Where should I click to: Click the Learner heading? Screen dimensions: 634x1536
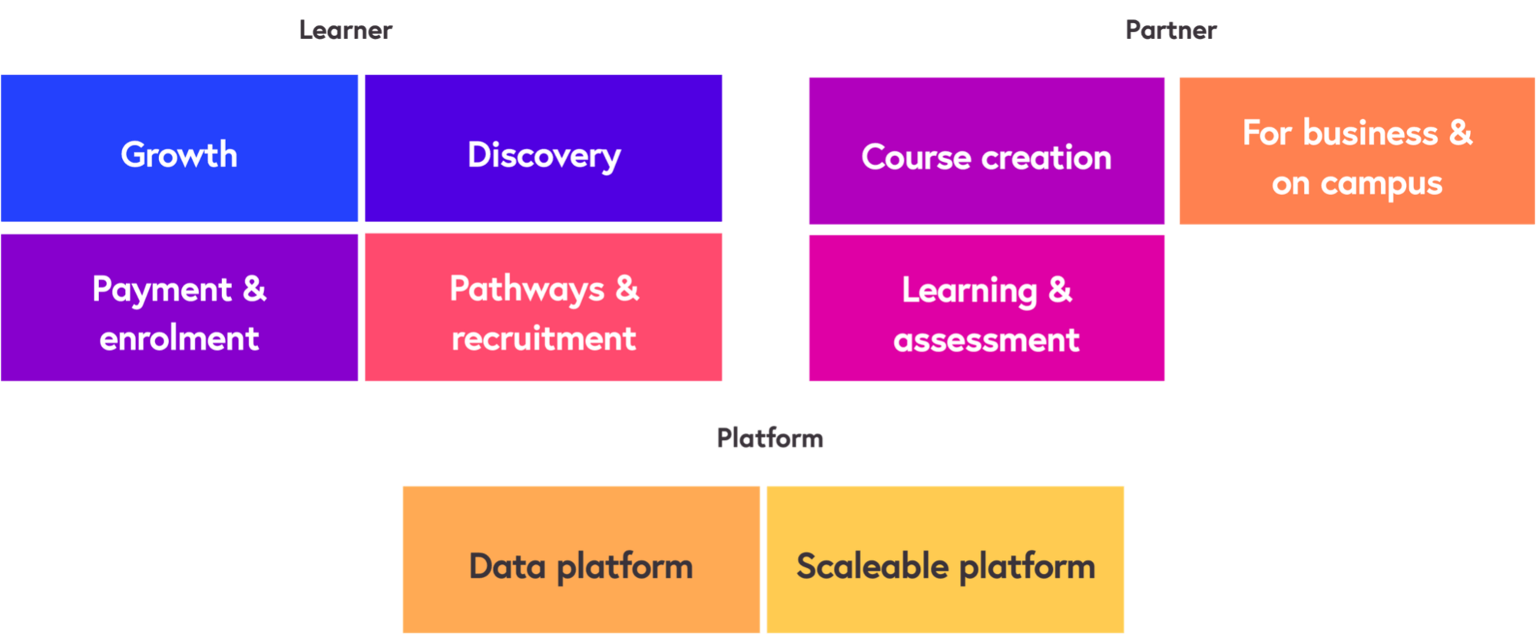tap(346, 30)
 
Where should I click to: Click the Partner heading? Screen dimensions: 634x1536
tap(1171, 30)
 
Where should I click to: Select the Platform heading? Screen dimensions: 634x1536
tap(770, 438)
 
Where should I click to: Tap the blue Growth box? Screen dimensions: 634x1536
tap(179, 148)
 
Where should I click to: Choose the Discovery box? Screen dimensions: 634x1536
tap(544, 148)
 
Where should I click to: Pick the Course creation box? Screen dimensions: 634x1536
tap(986, 150)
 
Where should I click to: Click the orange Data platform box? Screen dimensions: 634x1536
tap(581, 559)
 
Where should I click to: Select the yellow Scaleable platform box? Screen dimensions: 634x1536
tap(945, 559)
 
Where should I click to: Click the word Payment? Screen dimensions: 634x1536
tap(162, 290)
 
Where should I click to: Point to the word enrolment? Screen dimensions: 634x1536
tap(179, 338)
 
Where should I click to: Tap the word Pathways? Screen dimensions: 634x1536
tap(527, 290)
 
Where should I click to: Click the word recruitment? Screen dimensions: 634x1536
tap(544, 338)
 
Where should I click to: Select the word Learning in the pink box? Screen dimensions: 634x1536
tap(969, 292)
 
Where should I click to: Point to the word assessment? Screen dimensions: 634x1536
tap(986, 340)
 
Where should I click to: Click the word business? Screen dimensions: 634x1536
tap(1370, 134)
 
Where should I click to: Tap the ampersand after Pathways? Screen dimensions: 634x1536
tap(627, 289)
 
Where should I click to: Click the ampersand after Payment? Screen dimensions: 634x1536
tap(254, 289)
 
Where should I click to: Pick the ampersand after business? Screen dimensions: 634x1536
tap(1461, 133)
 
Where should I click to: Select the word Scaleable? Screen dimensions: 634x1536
tap(872, 566)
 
